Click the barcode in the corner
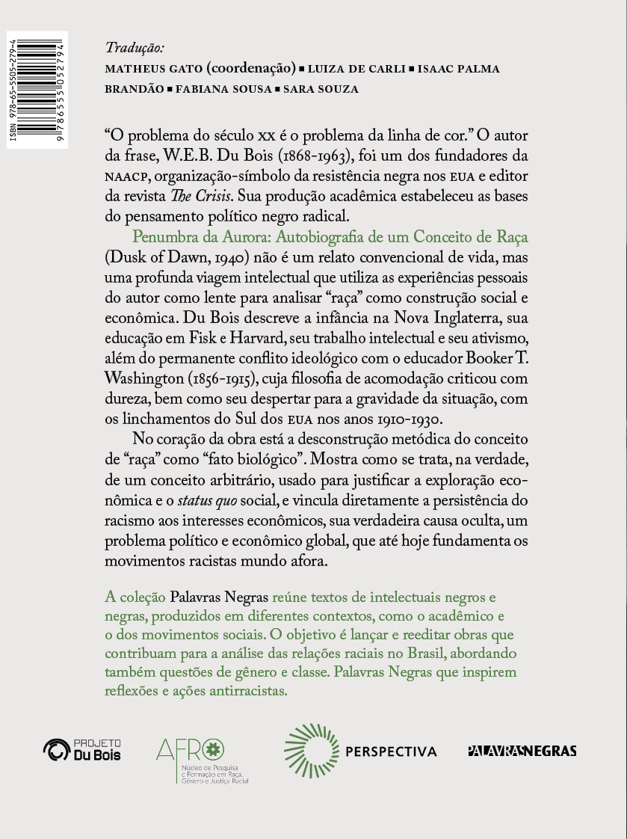click(x=37, y=90)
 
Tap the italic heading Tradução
click(x=135, y=48)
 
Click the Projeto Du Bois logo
click(x=83, y=749)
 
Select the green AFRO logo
click(x=203, y=759)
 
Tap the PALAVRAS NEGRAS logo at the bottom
click(x=522, y=751)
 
